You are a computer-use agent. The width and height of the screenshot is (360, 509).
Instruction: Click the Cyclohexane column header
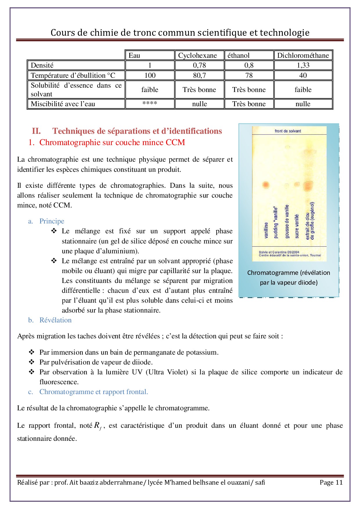(x=197, y=55)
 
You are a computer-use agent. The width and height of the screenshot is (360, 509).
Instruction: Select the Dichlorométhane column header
(x=303, y=55)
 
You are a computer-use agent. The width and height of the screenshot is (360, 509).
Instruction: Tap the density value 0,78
(x=199, y=65)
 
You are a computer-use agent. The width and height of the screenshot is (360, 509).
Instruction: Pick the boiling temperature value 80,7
(x=199, y=75)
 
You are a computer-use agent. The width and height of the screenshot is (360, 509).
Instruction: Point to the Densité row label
(x=42, y=65)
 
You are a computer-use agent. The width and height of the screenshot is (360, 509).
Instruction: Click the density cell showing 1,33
(x=303, y=65)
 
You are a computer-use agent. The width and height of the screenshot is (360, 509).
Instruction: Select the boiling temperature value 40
(x=303, y=75)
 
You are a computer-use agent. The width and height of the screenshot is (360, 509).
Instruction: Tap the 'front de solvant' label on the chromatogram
(x=288, y=131)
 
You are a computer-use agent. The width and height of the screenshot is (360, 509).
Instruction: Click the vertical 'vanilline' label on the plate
(x=266, y=230)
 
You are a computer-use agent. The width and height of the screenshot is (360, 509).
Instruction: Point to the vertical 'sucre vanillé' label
(x=297, y=226)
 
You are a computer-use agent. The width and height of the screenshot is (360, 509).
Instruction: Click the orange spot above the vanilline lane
(x=266, y=185)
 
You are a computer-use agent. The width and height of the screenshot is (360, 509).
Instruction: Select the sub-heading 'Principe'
(x=52, y=221)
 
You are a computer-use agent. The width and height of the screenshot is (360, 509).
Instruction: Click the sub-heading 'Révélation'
(x=55, y=320)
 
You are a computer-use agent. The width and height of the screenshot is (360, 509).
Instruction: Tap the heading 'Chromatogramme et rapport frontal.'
(x=93, y=392)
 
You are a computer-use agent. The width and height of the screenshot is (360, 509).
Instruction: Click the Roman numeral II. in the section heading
(x=36, y=131)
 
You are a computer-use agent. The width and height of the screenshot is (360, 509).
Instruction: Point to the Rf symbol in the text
(x=98, y=426)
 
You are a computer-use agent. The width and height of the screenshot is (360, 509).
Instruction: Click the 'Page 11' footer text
(x=331, y=482)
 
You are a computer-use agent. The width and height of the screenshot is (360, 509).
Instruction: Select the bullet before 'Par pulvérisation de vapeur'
(x=32, y=362)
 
